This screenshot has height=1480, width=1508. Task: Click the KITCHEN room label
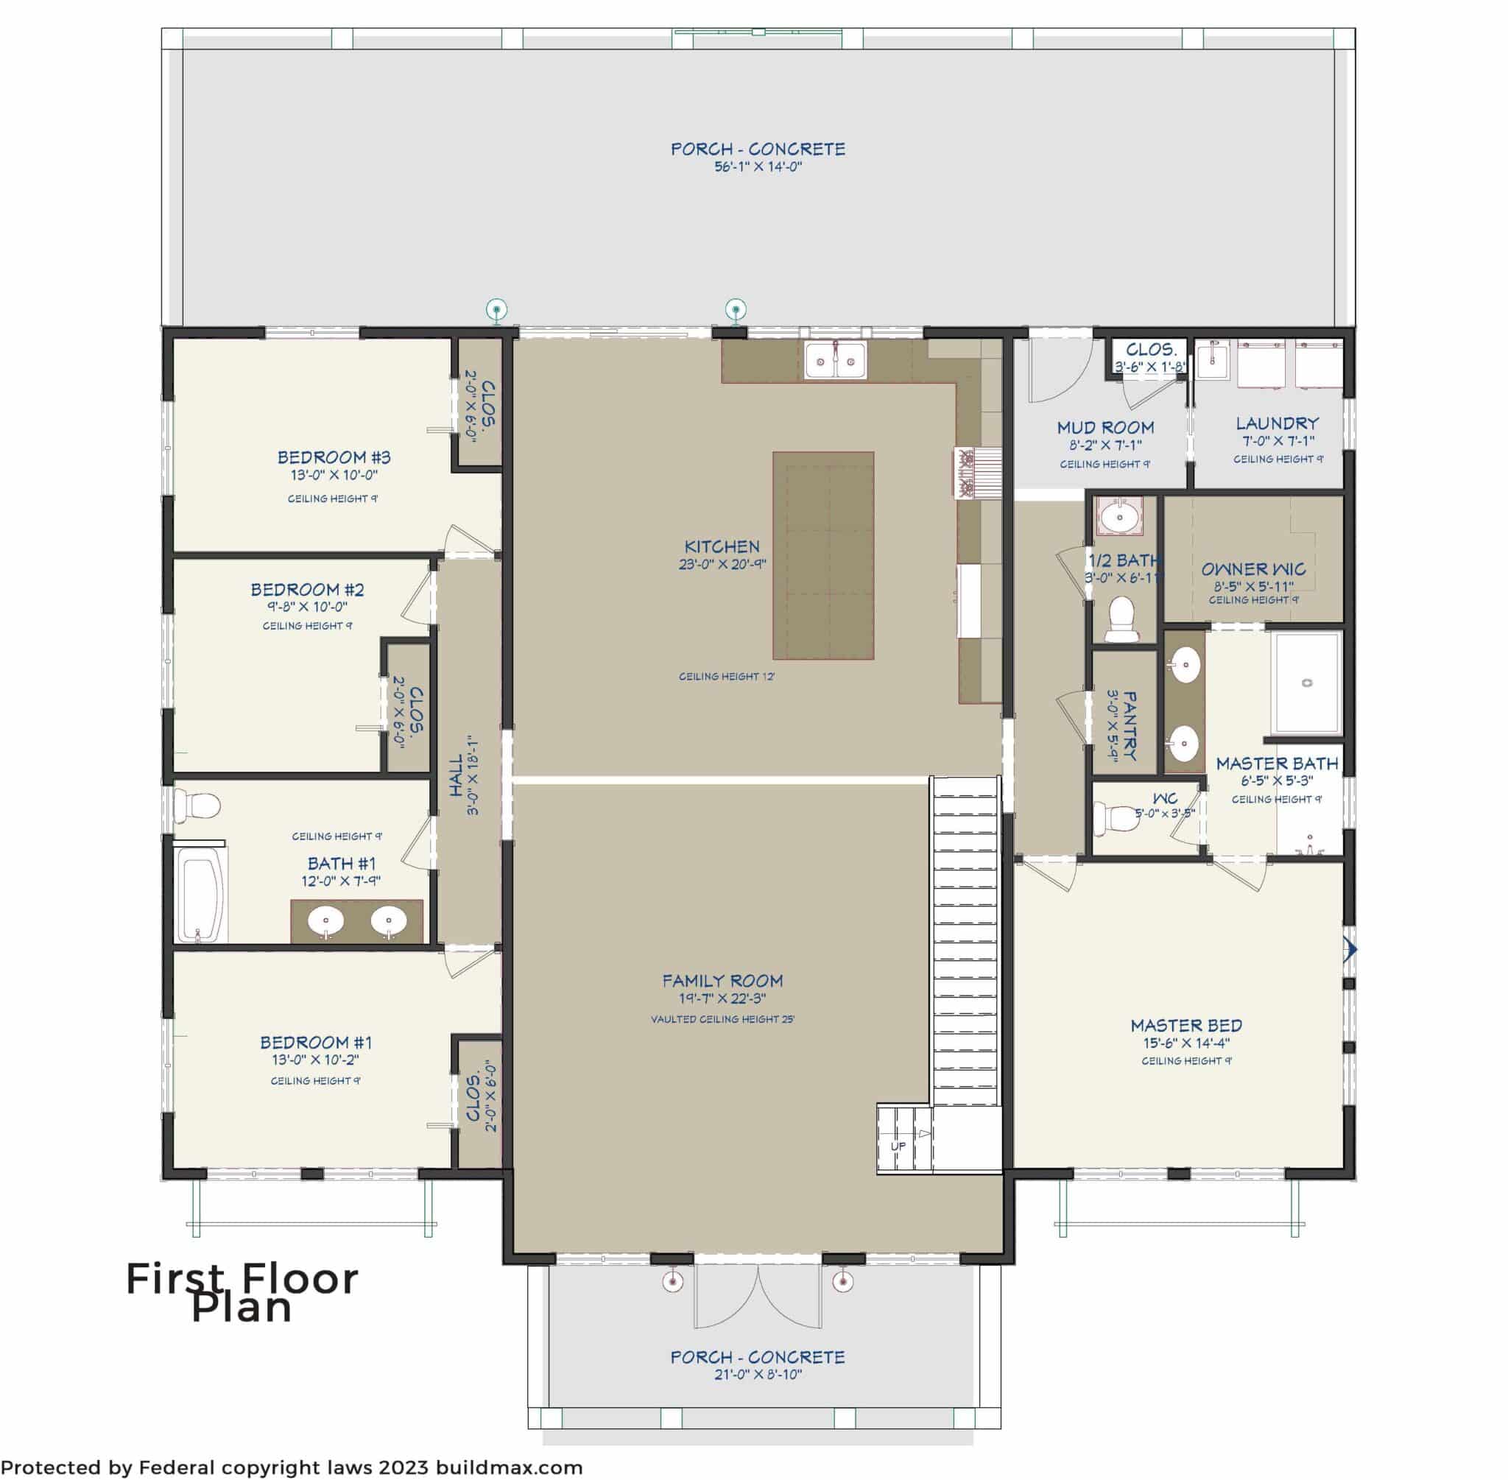[722, 546]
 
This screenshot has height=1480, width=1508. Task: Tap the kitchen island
[823, 556]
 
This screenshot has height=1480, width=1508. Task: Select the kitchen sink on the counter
[836, 361]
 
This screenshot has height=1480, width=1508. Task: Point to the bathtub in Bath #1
[201, 895]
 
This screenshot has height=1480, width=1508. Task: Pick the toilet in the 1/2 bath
[1120, 619]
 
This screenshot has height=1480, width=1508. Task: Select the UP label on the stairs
[898, 1146]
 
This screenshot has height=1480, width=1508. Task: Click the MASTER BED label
[1186, 1025]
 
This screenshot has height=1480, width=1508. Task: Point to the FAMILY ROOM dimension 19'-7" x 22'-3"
[722, 999]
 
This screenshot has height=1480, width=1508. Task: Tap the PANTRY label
[1130, 726]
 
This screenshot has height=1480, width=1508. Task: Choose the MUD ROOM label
[1104, 428]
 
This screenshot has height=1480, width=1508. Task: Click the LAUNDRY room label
[1277, 423]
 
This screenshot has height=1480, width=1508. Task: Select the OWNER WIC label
[1253, 569]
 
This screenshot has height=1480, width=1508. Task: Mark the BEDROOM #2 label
[307, 589]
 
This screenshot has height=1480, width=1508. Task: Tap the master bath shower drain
[1307, 683]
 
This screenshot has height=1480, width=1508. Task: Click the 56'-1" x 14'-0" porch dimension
[758, 167]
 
